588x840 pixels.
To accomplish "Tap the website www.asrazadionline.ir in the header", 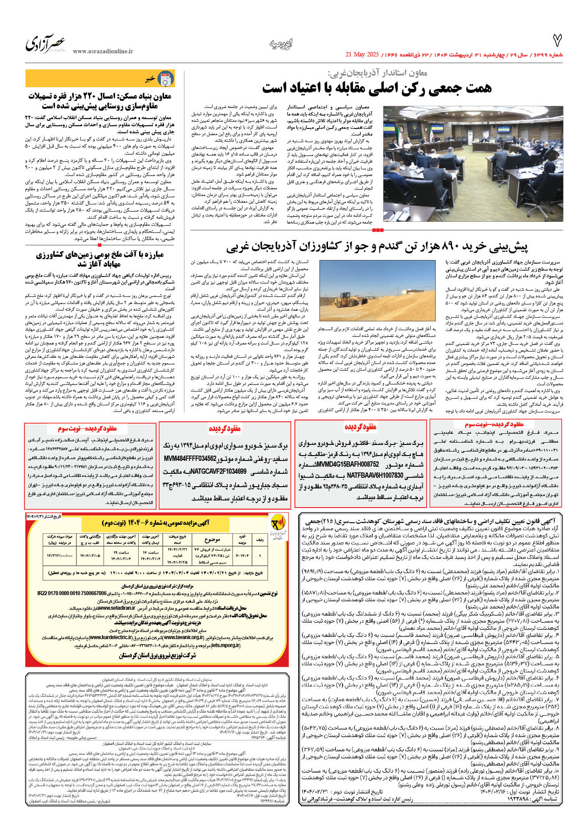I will (103, 52).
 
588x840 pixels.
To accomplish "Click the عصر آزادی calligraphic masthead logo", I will (46, 44).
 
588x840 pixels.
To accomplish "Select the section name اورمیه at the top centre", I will (281, 44).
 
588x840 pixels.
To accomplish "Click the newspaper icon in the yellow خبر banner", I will (166, 79).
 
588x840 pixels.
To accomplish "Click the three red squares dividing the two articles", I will (377, 230).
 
